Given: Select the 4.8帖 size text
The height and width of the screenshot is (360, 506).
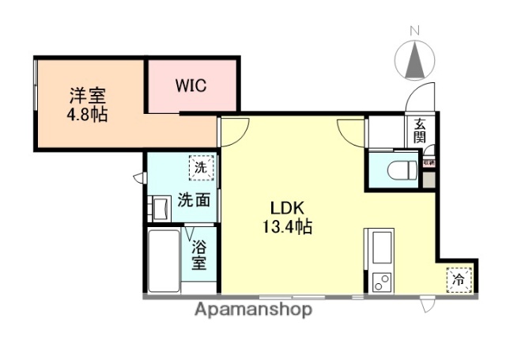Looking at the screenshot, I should pos(88,114).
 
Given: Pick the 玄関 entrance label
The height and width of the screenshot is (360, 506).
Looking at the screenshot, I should pos(419,130).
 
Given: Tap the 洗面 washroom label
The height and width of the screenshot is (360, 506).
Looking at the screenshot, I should pos(194,201).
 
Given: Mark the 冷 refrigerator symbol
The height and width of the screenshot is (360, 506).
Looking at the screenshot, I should pos(458,279).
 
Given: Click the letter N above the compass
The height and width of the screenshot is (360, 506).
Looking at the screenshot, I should pos(413,30).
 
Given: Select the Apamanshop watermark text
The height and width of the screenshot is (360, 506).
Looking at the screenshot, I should pos(252,309).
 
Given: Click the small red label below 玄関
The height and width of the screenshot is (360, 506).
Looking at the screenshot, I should pos(429,162).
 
